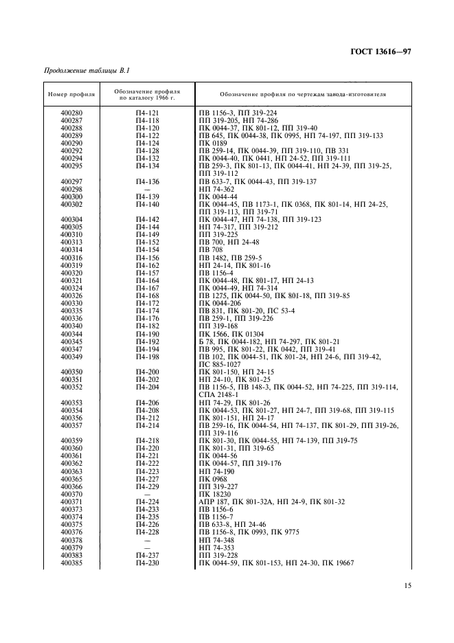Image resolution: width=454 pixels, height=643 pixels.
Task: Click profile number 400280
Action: pyautogui.click(x=71, y=111)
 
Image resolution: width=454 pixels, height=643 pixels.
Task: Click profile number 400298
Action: pyautogui.click(x=71, y=188)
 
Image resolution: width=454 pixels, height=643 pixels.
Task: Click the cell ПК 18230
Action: pyautogui.click(x=213, y=493)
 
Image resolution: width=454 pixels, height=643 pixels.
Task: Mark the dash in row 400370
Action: pyautogui.click(x=147, y=493)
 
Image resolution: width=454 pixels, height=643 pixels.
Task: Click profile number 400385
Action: pyautogui.click(x=71, y=563)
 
